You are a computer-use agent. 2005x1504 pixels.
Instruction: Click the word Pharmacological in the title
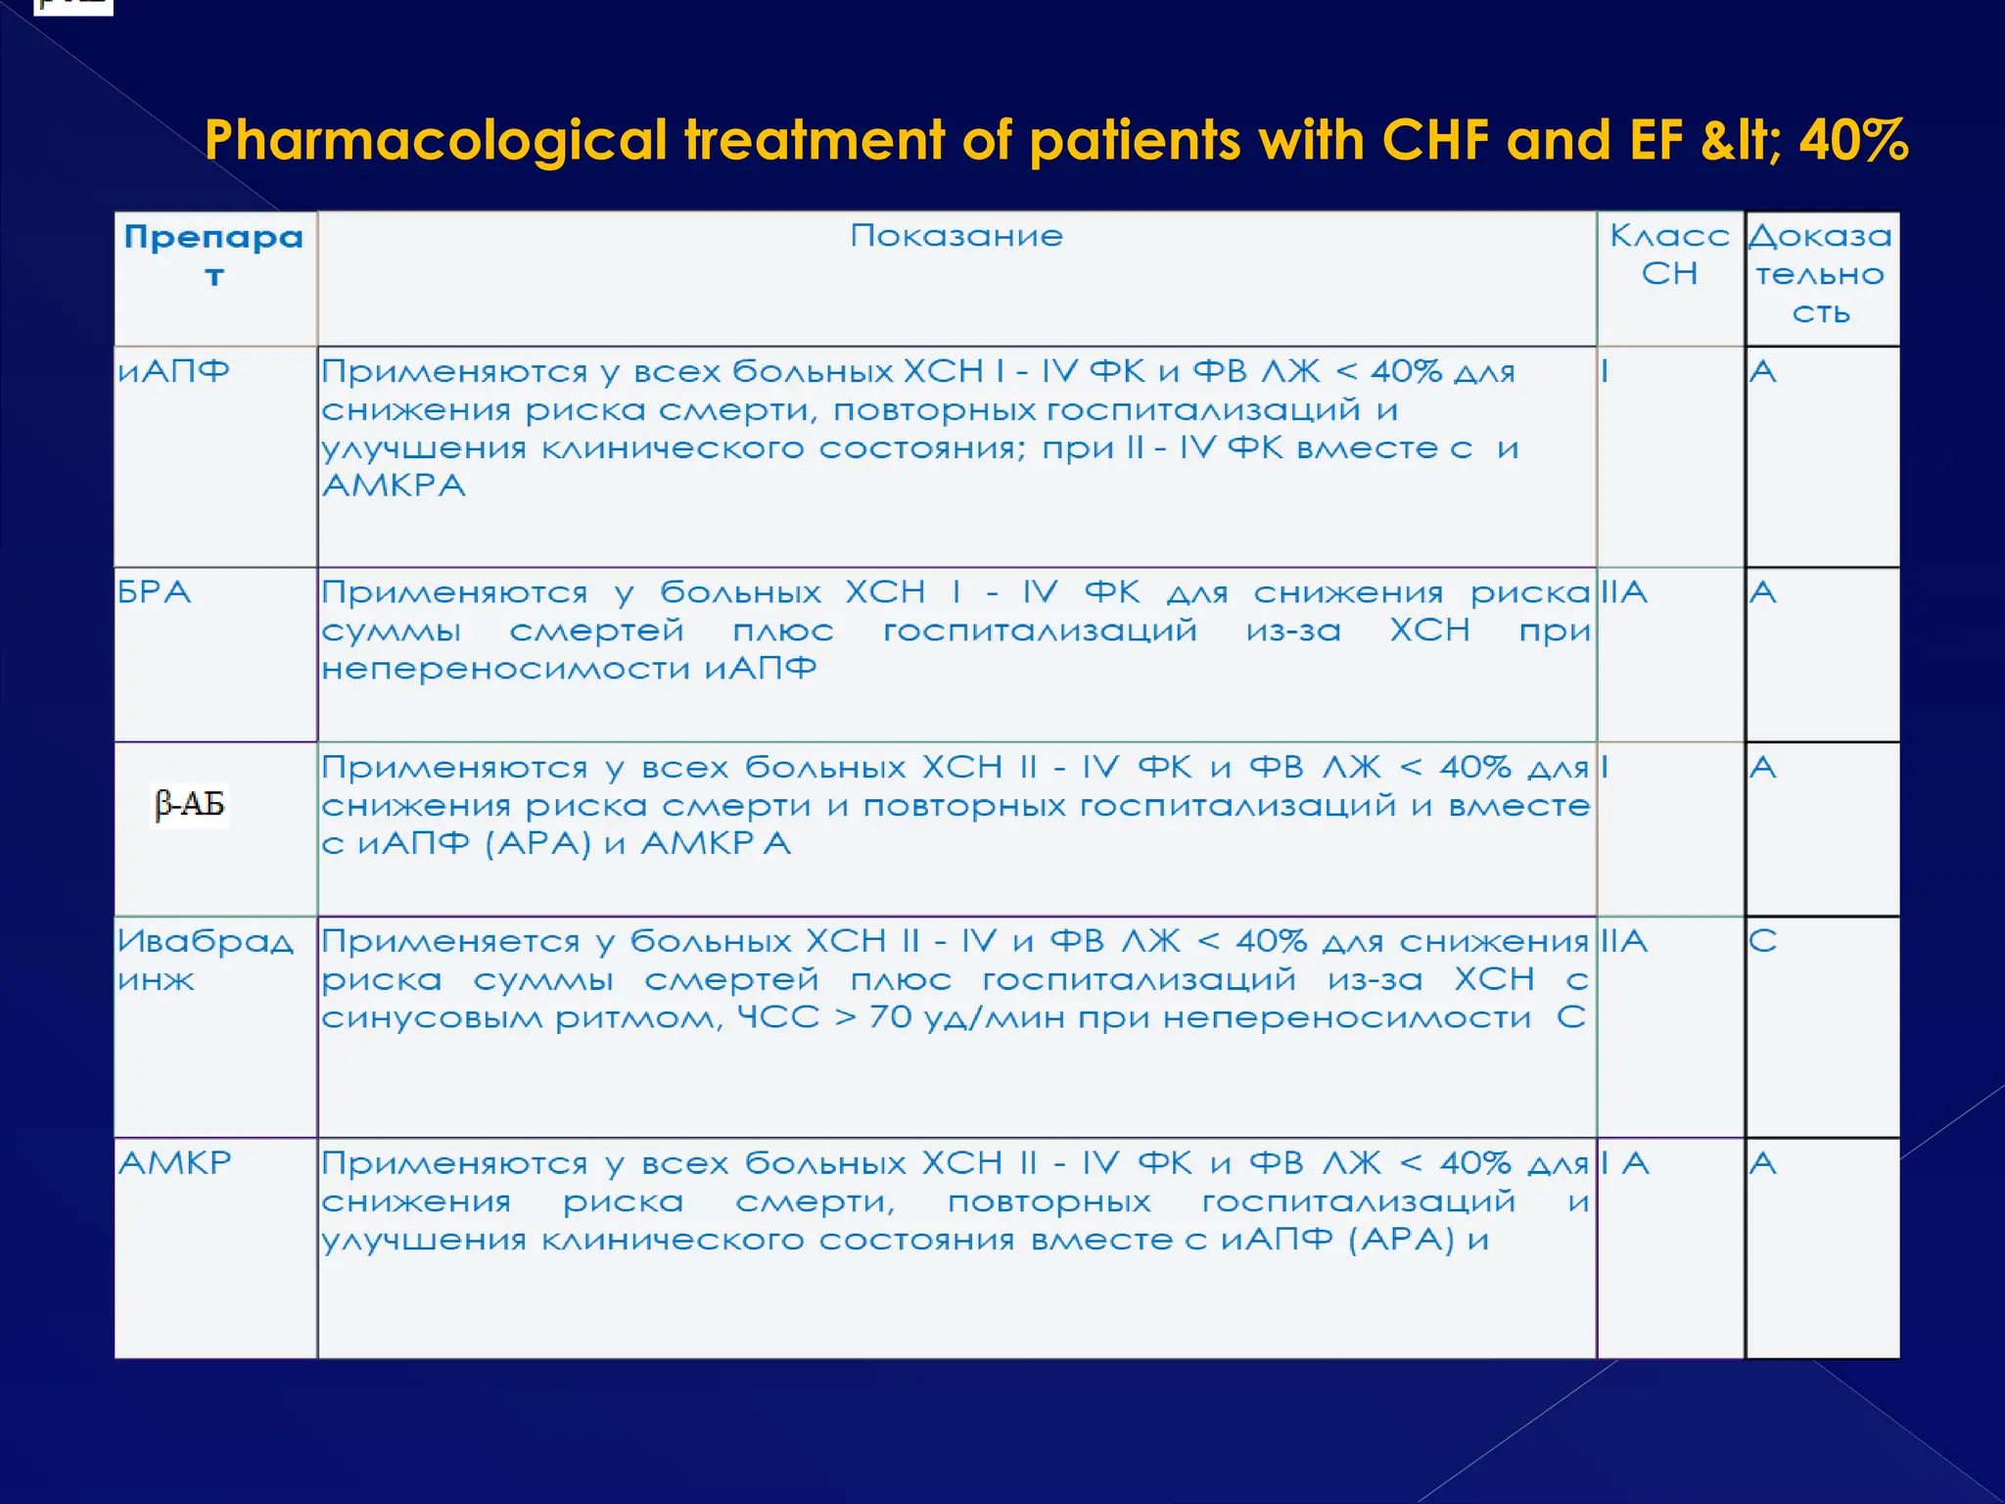point(436,140)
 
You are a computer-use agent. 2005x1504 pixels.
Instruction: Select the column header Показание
point(956,236)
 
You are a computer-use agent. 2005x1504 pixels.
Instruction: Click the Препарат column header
point(213,255)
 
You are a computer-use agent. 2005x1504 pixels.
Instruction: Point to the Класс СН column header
point(1669,255)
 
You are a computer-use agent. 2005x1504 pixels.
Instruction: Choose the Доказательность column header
point(1820,273)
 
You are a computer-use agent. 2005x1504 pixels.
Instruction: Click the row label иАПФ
point(173,371)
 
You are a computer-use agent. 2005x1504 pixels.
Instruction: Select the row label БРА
point(154,592)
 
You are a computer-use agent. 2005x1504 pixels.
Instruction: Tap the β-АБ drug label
point(190,805)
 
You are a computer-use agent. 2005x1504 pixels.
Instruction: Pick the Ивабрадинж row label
point(205,960)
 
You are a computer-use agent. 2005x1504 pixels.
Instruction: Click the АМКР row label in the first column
point(175,1163)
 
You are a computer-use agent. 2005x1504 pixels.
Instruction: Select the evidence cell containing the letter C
point(1762,941)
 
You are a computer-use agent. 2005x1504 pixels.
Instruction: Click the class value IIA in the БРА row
point(1624,592)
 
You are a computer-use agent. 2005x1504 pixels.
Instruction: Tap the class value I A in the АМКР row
point(1626,1163)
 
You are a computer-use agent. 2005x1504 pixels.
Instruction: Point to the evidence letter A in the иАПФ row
point(1762,371)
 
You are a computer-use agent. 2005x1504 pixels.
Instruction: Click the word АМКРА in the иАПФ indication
point(394,486)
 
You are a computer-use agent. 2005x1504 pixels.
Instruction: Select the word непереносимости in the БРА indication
point(505,669)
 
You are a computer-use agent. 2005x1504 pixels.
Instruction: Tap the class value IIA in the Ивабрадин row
point(1624,941)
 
